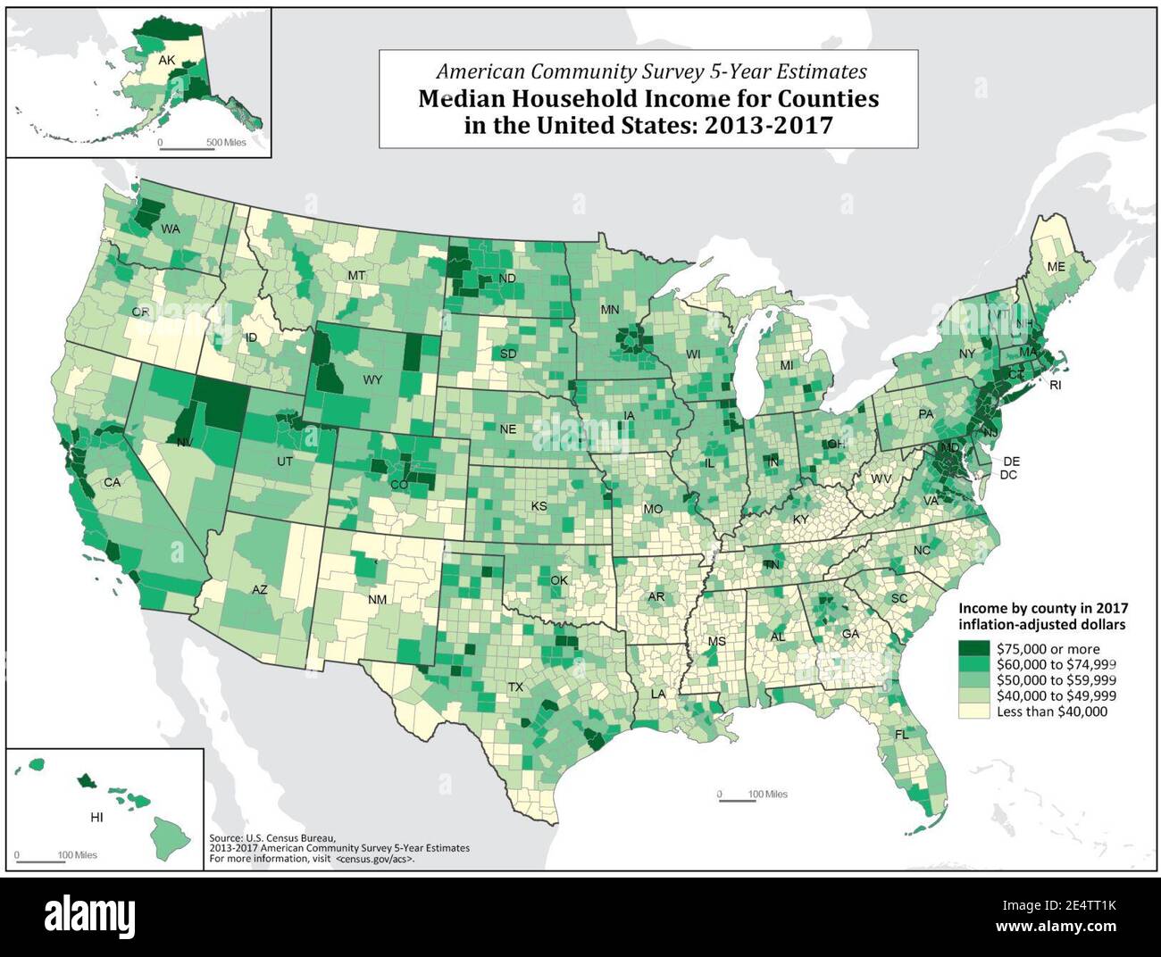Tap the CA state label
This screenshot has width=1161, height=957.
(x=112, y=482)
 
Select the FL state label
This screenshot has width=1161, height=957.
(x=901, y=734)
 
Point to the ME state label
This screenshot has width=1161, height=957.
(x=1056, y=267)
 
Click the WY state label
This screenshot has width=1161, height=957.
(x=372, y=379)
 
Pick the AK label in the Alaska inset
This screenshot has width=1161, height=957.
(x=167, y=61)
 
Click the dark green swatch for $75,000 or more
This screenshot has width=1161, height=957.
(x=974, y=649)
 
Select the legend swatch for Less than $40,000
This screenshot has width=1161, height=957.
(x=974, y=712)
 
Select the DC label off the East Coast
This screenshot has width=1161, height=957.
(x=1009, y=475)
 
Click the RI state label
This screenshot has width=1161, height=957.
(x=1055, y=386)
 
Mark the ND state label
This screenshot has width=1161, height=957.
(x=507, y=279)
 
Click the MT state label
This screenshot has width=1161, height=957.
(x=356, y=275)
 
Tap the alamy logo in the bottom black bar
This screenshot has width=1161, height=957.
(x=90, y=916)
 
